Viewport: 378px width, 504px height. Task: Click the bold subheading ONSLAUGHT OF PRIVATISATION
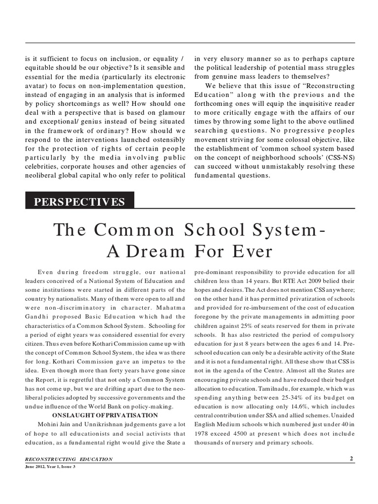(x=105, y=415)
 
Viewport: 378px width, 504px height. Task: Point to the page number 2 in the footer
(x=351, y=459)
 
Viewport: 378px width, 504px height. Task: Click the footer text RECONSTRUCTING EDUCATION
(x=69, y=459)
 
